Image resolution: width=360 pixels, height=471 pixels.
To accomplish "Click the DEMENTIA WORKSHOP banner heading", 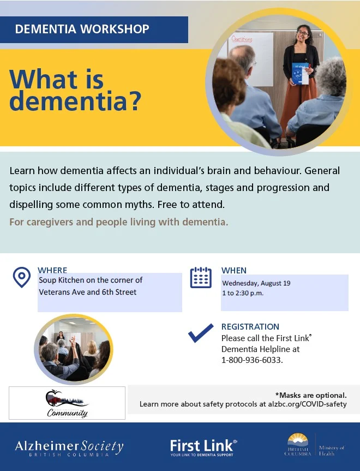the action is point(82,29).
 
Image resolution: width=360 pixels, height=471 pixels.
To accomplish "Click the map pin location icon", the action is point(22,277).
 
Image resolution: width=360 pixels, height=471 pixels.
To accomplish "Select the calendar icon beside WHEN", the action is point(201,277).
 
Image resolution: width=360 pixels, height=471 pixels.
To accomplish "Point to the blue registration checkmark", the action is point(201,333).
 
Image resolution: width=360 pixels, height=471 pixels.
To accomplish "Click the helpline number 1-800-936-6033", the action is point(252,360).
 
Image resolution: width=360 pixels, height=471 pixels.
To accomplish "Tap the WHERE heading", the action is point(52,270).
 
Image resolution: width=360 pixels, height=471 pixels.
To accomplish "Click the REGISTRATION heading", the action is point(250,326).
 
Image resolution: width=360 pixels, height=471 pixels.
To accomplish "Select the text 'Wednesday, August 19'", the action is point(256,283).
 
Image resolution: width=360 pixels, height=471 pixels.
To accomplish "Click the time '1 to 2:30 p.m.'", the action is point(243,293).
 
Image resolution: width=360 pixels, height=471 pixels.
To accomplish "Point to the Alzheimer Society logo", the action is point(69,448).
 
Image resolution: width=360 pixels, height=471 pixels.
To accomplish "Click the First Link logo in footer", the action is point(203,448).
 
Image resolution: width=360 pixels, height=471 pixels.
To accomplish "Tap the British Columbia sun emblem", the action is point(298,440).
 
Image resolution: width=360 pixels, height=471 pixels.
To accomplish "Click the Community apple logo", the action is point(67,403).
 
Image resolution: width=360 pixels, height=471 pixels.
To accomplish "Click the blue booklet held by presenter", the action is point(300,74).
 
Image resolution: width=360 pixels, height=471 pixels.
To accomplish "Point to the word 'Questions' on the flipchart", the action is point(242,39).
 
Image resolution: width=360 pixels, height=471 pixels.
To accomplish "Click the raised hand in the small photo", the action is point(73,341).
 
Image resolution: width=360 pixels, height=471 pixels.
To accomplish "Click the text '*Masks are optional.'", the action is point(311,395).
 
